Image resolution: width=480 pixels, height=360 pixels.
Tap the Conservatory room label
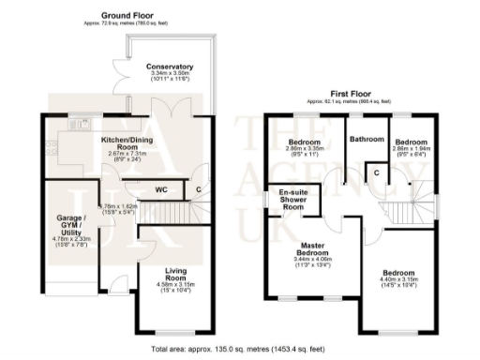pos(170,67)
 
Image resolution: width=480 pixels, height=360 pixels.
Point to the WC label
pos(160,187)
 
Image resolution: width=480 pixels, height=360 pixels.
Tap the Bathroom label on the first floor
pos(367,139)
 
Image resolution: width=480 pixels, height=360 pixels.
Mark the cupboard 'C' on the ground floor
pos(199,188)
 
